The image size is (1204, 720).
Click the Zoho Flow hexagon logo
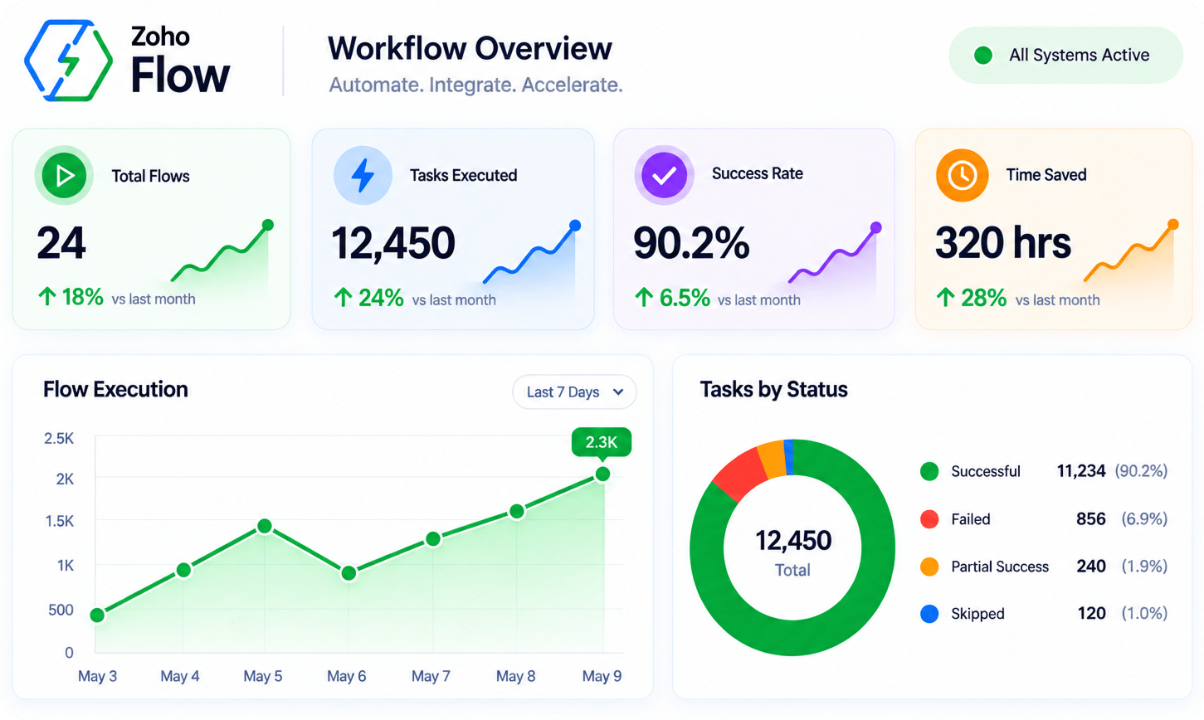point(68,61)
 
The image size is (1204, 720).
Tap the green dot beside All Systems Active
point(983,56)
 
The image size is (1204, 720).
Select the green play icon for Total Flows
point(64,175)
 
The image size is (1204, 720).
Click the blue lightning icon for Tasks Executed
point(363,175)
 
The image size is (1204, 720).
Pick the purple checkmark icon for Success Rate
point(665,175)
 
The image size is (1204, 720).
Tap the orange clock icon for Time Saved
point(963,175)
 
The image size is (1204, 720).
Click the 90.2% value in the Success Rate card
point(691,243)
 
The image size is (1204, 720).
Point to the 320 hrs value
point(1003,243)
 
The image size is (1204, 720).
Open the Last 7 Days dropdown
point(574,392)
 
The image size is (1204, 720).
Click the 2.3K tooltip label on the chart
point(602,442)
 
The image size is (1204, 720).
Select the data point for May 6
point(349,573)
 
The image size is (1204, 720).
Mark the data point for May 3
point(97,615)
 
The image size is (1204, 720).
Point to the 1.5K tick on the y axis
point(60,521)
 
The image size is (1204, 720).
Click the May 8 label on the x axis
point(515,676)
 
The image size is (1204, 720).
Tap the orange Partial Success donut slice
point(773,460)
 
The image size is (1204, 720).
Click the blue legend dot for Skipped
point(929,614)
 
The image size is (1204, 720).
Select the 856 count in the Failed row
point(1091,519)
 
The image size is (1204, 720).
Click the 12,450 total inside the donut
point(793,541)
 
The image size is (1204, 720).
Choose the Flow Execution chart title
point(115,390)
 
